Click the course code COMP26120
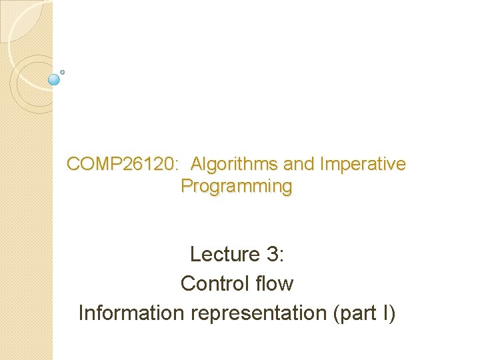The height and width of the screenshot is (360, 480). coord(121,164)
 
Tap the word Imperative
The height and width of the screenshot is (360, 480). coord(363,164)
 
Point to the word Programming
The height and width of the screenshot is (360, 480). coord(236,186)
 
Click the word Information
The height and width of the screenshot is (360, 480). coord(132,313)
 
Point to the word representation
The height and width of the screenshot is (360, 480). coord(259,313)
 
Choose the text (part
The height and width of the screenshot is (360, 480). coord(357,313)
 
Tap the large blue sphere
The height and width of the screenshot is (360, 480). coord(55,80)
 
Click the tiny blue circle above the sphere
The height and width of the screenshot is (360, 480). coord(62,71)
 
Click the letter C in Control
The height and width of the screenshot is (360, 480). coord(187,283)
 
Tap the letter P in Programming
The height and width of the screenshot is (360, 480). coord(186,186)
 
